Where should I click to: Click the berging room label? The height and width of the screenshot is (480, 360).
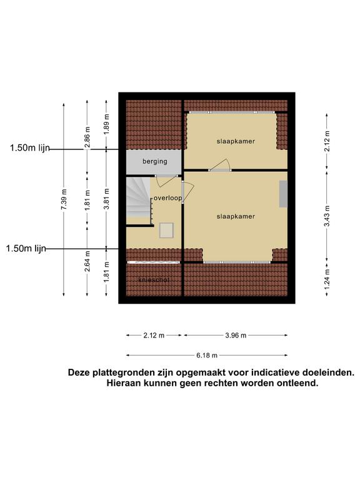(155, 161)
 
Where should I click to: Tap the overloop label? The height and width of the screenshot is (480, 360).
(167, 198)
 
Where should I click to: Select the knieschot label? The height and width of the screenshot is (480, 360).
(154, 280)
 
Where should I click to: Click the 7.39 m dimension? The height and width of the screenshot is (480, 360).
(64, 199)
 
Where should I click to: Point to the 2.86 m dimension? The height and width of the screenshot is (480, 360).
(87, 137)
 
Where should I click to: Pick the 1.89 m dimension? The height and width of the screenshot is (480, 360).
(106, 124)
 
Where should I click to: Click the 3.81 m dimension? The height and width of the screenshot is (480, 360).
(106, 199)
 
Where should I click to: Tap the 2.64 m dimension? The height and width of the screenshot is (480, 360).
(87, 261)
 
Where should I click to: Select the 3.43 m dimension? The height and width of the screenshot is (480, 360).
(327, 216)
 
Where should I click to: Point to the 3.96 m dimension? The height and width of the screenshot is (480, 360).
(236, 336)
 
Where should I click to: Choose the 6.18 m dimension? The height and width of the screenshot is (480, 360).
(207, 356)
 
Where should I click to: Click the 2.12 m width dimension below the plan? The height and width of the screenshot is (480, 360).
(154, 336)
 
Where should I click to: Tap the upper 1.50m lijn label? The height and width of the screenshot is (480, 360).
(30, 148)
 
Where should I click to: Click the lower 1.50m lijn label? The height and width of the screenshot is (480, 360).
(26, 248)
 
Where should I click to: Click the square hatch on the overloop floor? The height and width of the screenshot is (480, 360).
(166, 231)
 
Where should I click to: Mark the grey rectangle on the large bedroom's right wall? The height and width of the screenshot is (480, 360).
(283, 194)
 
